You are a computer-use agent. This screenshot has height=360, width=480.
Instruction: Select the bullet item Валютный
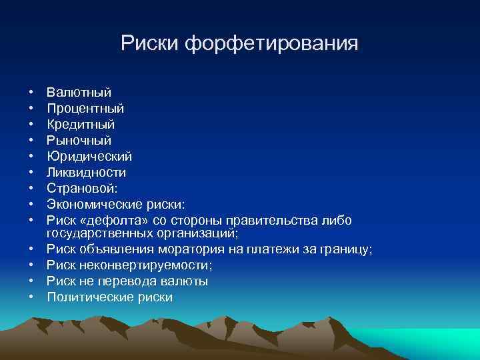pos(79,93)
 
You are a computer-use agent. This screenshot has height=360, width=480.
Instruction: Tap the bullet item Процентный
pos(85,109)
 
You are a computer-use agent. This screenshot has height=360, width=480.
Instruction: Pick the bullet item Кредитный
pos(81,125)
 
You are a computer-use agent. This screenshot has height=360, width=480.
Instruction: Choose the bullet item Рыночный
pos(79,141)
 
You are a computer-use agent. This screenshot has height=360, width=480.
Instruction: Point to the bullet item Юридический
pos(89,157)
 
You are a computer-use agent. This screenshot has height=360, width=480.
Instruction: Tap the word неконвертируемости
pos(143,265)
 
